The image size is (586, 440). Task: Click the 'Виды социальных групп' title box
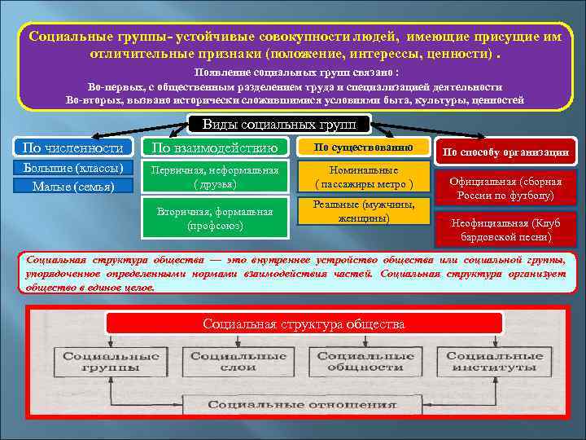tap(279, 125)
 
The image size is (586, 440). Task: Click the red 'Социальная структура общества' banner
tap(304, 324)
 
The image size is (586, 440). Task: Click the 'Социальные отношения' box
tap(296, 405)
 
